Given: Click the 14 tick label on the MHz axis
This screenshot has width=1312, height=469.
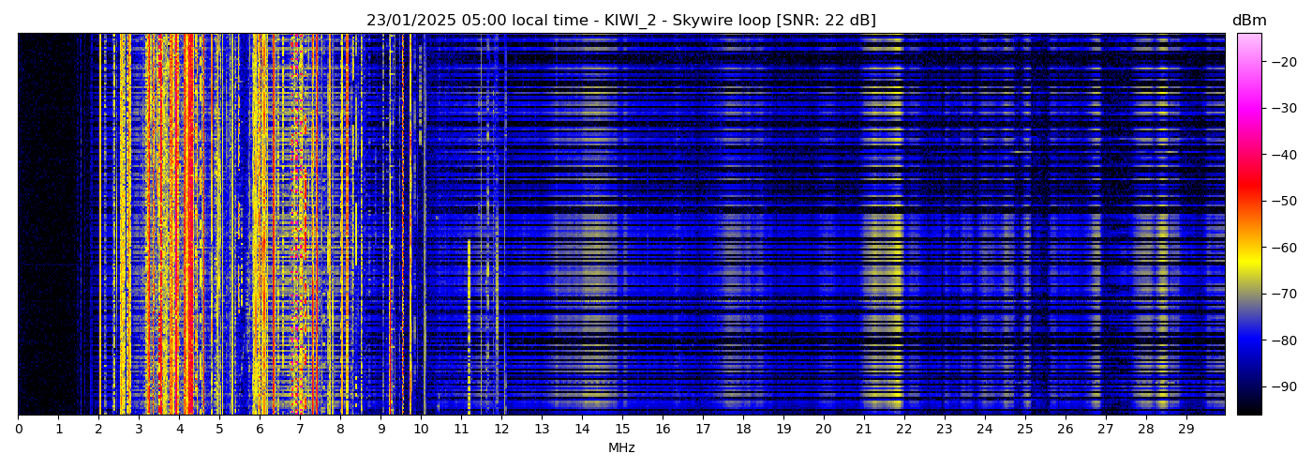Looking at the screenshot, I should [582, 429].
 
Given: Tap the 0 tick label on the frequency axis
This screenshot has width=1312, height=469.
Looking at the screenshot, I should [19, 429].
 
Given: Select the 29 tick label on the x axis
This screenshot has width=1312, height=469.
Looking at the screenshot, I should [1185, 429].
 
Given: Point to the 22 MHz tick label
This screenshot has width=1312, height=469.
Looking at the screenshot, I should [904, 429].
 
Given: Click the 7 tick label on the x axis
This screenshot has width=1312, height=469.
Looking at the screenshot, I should [300, 429].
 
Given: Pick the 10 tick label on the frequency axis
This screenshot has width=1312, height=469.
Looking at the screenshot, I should [421, 429].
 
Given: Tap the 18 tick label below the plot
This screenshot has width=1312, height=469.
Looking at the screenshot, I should [743, 429].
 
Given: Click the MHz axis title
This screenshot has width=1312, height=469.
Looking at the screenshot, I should [621, 448].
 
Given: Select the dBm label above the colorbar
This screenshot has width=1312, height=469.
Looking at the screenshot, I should [1249, 21].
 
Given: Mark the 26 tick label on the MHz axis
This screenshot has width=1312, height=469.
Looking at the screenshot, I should [1065, 429].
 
